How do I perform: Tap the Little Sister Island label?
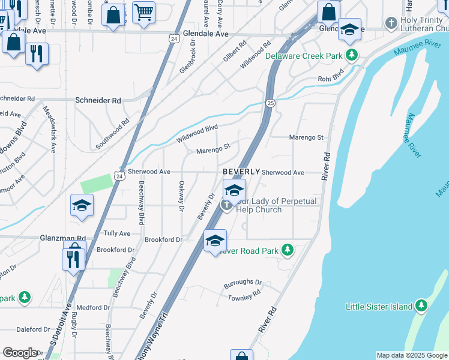point(379,307)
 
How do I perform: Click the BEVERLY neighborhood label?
point(241,172)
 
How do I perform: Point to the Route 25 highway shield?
point(271,104)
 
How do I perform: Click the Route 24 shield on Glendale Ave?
point(174,38)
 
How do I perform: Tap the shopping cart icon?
point(143,12)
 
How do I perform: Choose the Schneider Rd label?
point(98,101)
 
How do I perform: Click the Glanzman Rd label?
point(64,238)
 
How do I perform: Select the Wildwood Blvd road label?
point(197,133)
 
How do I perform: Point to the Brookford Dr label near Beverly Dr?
point(163,239)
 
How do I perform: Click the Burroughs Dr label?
point(243,282)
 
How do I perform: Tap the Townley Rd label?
point(244,294)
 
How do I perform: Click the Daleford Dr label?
point(33,329)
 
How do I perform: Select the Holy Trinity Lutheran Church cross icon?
point(393,20)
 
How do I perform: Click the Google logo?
point(20,353)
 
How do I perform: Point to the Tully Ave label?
point(116,233)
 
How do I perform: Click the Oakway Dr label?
point(181,197)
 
